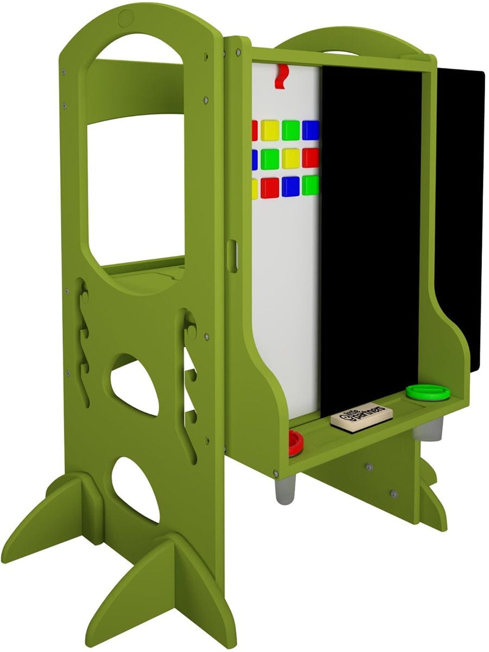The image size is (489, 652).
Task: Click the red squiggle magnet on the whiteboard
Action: tap(281, 76)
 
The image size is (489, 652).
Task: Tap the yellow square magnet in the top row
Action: tap(270, 130)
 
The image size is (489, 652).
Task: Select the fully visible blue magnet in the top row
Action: tap(310, 129)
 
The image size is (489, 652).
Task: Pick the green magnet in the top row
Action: tap(290, 130)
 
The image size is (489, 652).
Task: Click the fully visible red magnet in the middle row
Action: tap(310, 158)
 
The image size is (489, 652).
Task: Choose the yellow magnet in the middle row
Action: tap(290, 158)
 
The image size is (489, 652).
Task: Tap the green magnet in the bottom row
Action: tap(310, 185)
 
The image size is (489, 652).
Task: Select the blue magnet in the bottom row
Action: tap(290, 186)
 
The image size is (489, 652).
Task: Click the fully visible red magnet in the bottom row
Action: tap(270, 187)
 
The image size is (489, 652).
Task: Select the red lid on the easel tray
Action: tap(296, 442)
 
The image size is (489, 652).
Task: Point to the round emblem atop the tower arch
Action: tap(126, 16)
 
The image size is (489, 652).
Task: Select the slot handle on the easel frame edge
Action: tap(233, 256)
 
